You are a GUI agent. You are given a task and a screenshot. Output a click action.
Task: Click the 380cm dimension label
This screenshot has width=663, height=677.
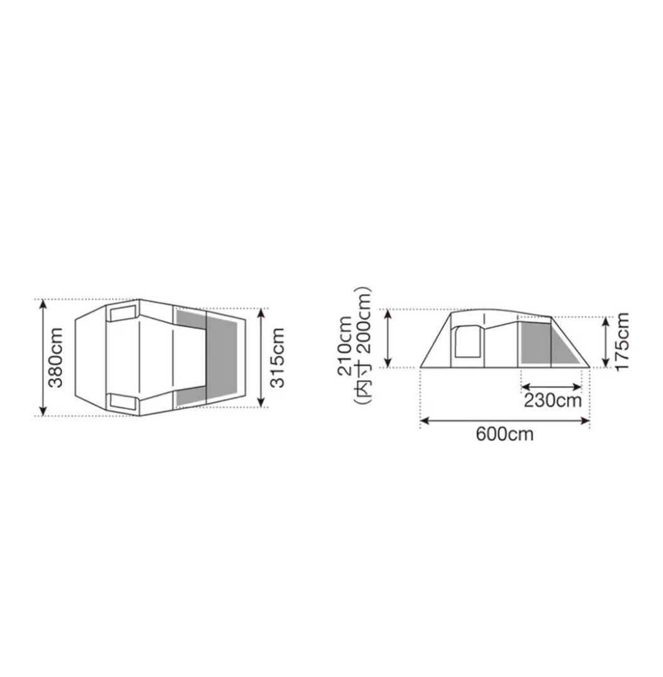(56, 357)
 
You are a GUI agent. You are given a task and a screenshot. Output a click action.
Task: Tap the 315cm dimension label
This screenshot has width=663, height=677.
(277, 357)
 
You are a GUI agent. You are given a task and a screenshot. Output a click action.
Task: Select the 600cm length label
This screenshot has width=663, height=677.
(504, 434)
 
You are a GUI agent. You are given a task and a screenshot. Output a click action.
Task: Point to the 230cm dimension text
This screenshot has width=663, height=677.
(553, 400)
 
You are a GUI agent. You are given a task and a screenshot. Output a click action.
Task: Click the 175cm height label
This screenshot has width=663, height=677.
(622, 341)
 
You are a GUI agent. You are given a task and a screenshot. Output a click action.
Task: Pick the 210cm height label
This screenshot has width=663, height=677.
(346, 345)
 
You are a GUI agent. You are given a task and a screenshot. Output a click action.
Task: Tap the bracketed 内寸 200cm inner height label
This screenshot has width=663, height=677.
(363, 345)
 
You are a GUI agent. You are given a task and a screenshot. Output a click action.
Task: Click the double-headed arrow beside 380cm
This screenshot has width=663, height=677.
(42, 357)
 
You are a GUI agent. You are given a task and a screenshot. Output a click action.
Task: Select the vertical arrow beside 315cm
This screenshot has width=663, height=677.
(261, 357)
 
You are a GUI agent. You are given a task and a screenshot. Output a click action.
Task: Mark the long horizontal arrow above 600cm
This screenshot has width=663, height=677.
(505, 420)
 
